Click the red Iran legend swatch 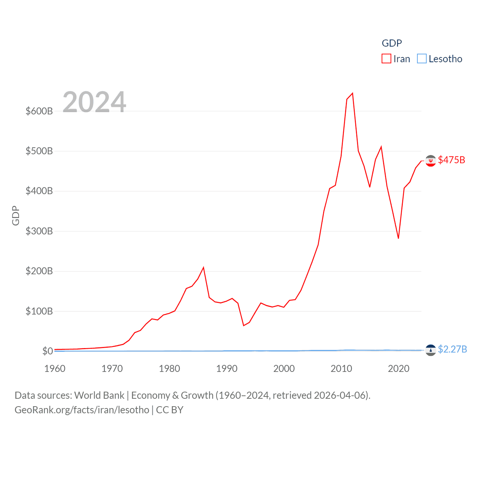[386, 59]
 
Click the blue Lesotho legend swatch [422, 59]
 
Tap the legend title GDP [392, 43]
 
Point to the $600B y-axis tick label [39, 111]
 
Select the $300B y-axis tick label [39, 231]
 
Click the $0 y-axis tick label [47, 351]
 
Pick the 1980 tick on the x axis [170, 369]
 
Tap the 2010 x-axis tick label [341, 369]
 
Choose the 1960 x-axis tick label [55, 369]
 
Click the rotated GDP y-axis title [16, 215]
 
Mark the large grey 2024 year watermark [94, 102]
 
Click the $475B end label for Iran [451, 160]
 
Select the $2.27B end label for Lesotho [452, 349]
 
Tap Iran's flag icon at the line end [430, 161]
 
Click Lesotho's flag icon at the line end [430, 350]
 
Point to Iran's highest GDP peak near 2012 [353, 93]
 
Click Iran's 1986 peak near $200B [203, 268]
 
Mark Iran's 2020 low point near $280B [398, 238]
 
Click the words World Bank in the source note [99, 395]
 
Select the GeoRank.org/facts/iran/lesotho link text [82, 410]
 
